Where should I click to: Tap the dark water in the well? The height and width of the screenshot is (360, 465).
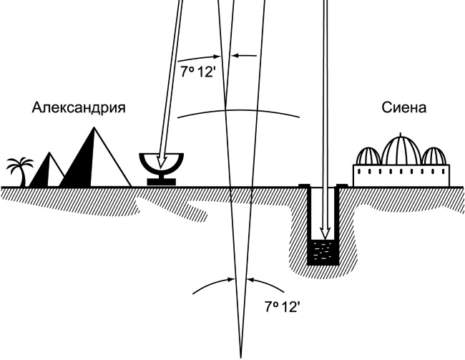tap(322, 252)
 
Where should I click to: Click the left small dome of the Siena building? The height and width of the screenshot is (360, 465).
tap(368, 157)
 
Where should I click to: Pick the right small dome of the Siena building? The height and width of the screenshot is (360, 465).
tap(433, 157)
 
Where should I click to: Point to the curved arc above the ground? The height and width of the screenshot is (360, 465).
tap(236, 109)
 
